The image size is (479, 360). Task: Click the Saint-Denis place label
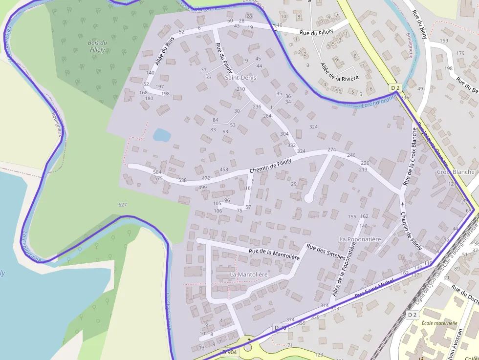[x=240, y=78]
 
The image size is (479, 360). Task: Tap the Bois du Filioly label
[x=97, y=46]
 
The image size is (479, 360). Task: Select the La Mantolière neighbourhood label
[x=249, y=275]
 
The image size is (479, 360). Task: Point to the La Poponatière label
[x=360, y=239]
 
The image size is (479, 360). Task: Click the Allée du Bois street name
[x=165, y=52]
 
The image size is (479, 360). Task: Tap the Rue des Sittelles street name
[x=326, y=254]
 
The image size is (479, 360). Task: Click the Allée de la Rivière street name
[x=339, y=72]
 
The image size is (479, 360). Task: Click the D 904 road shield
[x=229, y=352]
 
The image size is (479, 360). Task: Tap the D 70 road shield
[x=280, y=327]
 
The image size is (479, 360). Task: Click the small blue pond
[x=161, y=134]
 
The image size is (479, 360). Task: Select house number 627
[x=122, y=204]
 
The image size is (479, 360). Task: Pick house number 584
[x=157, y=172]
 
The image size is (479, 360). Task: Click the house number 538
[x=182, y=180]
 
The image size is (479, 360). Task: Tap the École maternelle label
[x=439, y=323]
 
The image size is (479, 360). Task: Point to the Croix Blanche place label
[x=455, y=172]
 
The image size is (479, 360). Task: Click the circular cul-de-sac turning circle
[x=309, y=198]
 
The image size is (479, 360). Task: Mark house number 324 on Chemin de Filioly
[x=301, y=151]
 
